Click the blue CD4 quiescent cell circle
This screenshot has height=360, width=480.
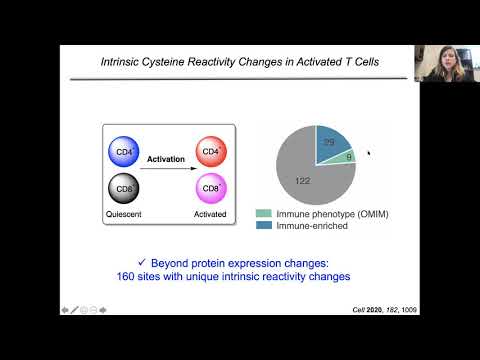pos(123,154)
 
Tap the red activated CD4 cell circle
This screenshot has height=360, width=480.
pos(210,154)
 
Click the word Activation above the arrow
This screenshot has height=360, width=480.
pos(167,158)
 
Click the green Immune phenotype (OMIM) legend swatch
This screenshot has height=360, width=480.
pos(264,213)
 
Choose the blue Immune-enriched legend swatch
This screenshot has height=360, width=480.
pos(264,227)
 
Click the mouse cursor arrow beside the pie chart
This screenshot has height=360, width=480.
pos(368,153)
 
